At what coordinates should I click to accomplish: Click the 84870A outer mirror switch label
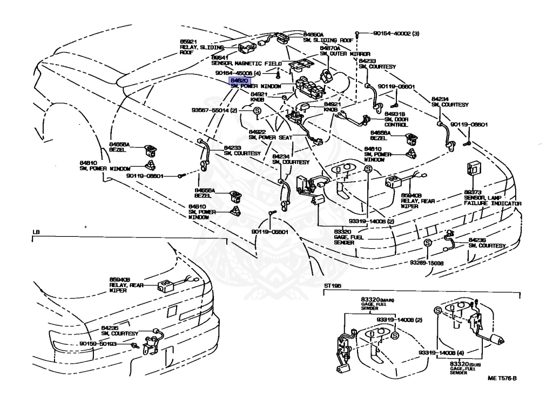(331, 48)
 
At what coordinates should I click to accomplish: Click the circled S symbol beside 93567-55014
(258, 111)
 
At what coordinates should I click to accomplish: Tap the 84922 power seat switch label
(257, 131)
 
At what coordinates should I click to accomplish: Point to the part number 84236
(478, 240)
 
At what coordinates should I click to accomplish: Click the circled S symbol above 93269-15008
(427, 243)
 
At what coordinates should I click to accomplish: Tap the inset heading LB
(36, 232)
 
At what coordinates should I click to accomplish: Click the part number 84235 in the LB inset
(110, 327)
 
